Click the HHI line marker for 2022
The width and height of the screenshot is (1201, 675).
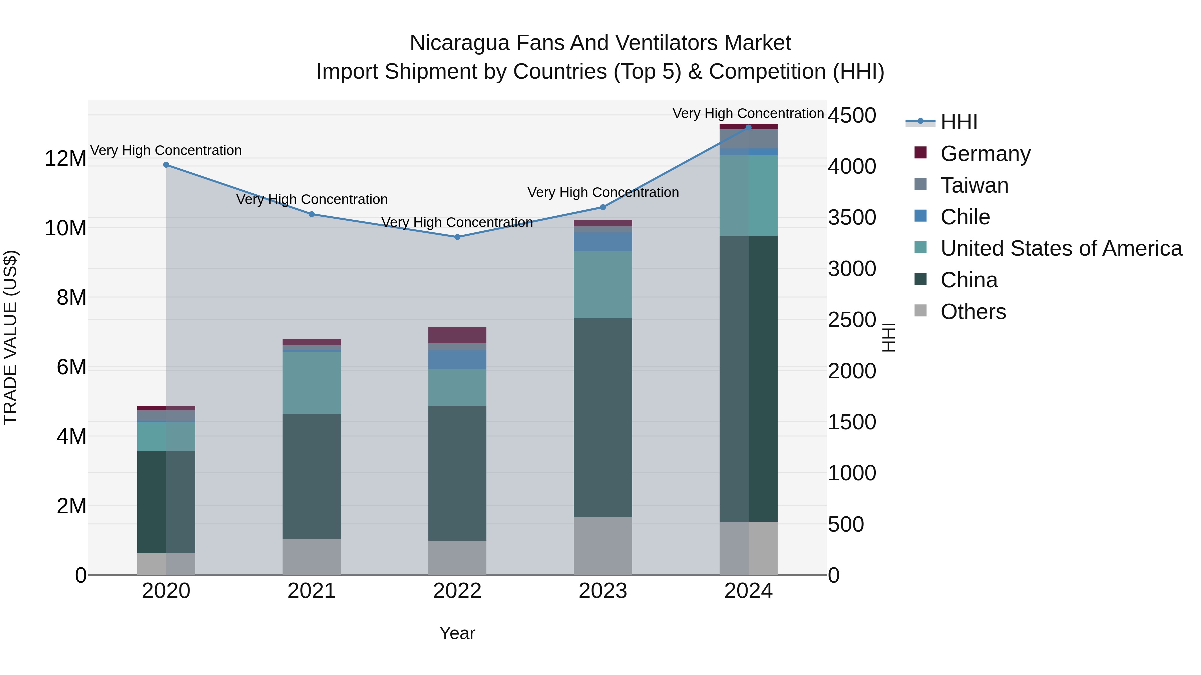457,237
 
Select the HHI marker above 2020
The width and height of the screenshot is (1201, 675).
166,165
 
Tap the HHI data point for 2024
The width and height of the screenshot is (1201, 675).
748,127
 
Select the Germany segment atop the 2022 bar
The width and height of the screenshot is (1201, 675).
457,335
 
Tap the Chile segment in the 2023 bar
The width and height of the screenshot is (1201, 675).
603,242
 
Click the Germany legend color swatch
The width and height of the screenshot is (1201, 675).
920,153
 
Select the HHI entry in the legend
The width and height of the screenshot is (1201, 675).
958,122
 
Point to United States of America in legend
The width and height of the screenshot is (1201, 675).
1061,248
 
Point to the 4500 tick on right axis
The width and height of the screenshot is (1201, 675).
852,116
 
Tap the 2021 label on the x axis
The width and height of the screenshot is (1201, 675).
312,591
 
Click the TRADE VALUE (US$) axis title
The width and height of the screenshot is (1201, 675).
10,337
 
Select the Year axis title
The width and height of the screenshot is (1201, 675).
457,633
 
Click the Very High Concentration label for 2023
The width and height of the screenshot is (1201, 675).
603,192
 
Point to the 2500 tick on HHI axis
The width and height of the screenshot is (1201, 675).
852,320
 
